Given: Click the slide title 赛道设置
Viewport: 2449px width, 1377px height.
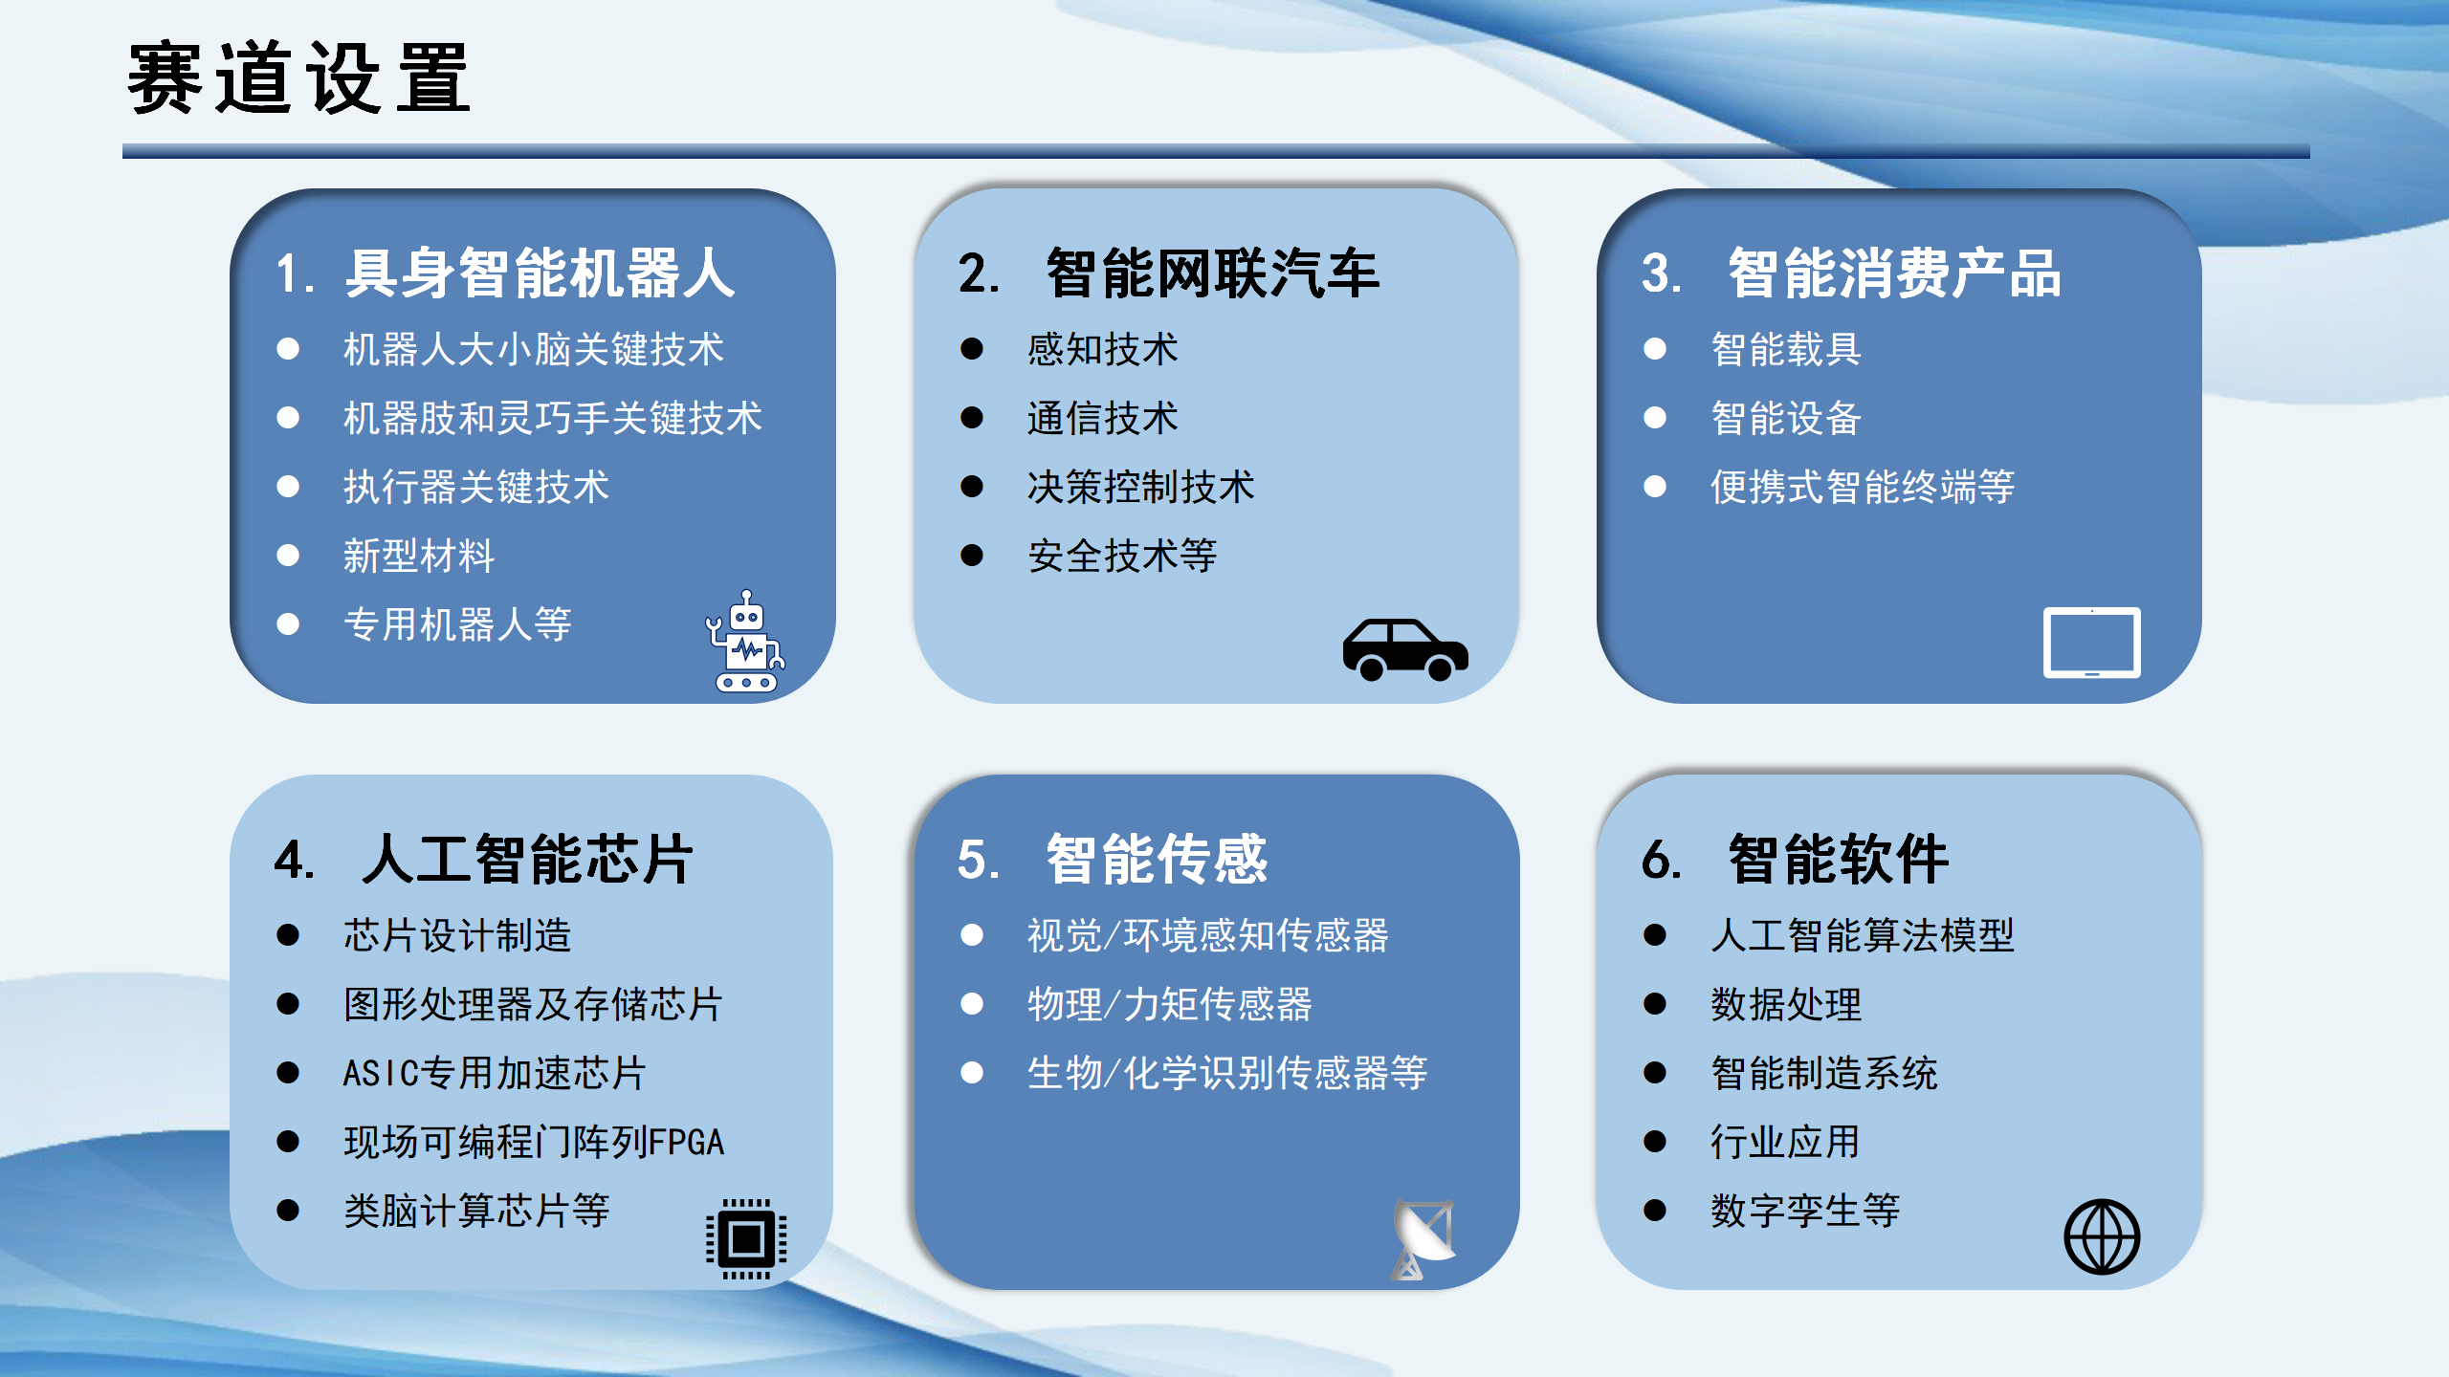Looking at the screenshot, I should (298, 78).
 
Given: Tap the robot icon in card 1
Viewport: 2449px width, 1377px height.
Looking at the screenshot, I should (745, 642).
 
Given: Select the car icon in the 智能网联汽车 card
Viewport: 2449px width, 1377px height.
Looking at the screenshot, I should (1404, 649).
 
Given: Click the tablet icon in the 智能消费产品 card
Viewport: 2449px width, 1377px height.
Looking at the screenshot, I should (2091, 643).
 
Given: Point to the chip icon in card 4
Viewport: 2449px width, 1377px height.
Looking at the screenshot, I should (746, 1239).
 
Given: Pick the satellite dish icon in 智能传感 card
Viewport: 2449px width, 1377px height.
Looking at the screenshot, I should (1423, 1238).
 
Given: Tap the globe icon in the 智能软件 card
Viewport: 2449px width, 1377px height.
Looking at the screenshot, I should (2101, 1237).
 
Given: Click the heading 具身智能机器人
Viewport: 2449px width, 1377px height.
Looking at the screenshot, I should (540, 273).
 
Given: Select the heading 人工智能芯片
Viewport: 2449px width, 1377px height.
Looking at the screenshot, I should (527, 859).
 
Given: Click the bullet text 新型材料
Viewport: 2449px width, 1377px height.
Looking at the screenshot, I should (419, 557).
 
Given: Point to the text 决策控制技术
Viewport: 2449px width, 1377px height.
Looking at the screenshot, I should (1140, 488).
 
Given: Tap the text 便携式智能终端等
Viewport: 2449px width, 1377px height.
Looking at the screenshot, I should (1862, 488).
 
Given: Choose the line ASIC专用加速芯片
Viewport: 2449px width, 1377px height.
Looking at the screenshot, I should (495, 1073).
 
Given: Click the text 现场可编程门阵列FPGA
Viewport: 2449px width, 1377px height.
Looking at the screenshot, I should (534, 1142).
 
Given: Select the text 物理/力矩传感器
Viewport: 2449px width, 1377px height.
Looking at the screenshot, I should (1169, 1004).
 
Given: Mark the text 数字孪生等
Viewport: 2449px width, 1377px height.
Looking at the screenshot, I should (1804, 1211).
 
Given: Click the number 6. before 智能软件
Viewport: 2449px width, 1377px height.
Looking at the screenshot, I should (1661, 859).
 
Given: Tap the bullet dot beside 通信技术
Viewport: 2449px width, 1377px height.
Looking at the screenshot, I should (972, 419).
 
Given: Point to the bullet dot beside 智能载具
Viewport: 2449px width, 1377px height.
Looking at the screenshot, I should (1655, 349).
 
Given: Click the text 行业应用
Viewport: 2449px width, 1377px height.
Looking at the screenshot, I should (1785, 1142).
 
